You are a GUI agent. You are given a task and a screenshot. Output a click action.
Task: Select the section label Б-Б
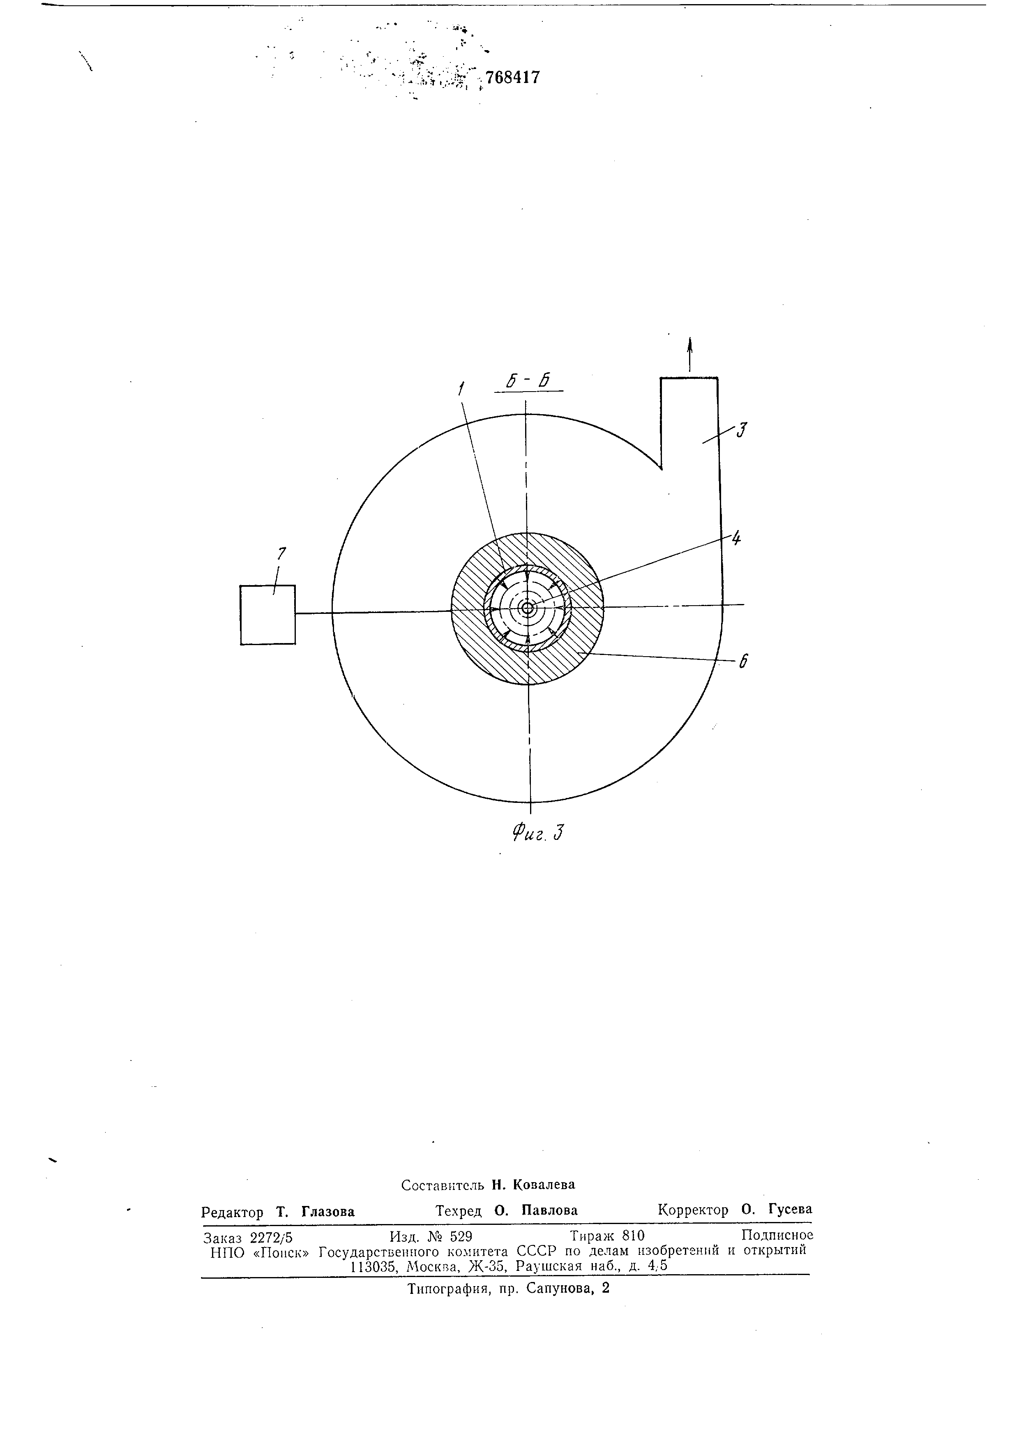pos(528,380)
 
